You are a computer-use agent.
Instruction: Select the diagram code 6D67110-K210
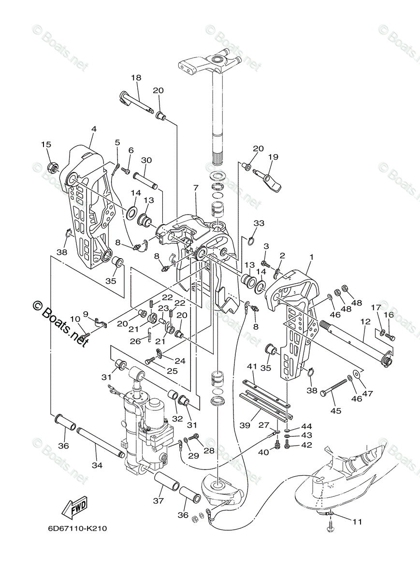click(77, 528)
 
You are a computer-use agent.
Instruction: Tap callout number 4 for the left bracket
click(94, 129)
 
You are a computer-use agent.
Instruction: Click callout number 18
click(136, 78)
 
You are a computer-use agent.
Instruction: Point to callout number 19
click(273, 157)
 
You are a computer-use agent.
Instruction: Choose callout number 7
click(195, 187)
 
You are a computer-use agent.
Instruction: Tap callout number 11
click(357, 522)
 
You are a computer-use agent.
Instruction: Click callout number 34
click(98, 465)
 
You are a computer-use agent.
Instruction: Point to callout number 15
click(45, 145)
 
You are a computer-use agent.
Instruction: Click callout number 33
click(260, 223)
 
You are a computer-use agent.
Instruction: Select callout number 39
click(246, 425)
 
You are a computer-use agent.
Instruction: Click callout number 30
click(146, 160)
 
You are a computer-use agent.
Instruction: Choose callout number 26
click(135, 341)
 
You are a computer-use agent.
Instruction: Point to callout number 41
click(252, 366)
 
